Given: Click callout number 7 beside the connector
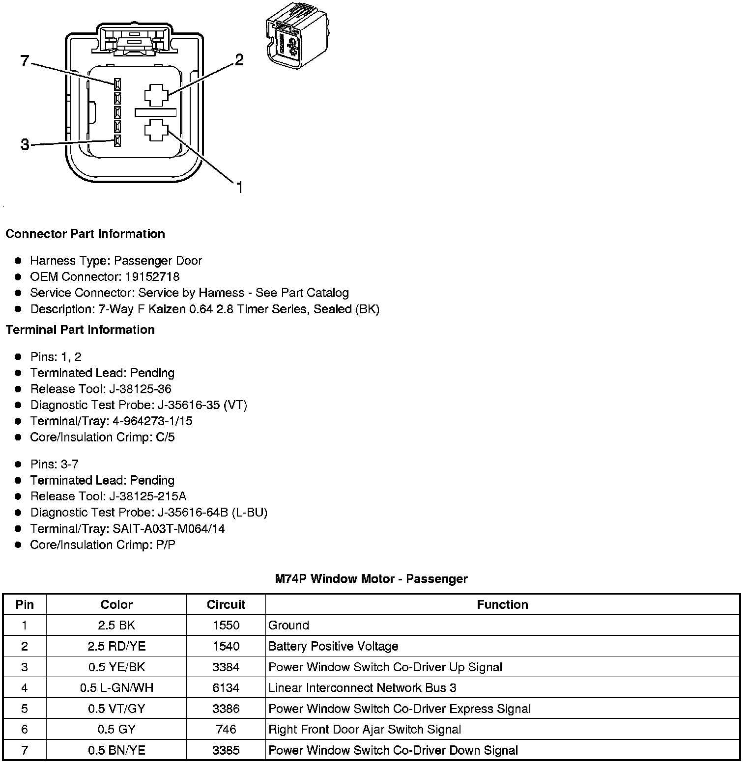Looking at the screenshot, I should (x=25, y=61).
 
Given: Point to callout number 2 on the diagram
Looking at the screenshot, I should (x=239, y=60).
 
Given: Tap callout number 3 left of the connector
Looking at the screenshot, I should (x=25, y=145).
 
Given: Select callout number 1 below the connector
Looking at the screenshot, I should (x=239, y=187).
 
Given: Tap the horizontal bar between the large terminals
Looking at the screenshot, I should (x=155, y=112).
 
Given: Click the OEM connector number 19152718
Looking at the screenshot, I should (x=152, y=276).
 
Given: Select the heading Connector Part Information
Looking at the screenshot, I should (x=85, y=234).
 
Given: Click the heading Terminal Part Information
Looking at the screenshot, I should (x=80, y=329).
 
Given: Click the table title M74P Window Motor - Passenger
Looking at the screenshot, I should (x=371, y=579).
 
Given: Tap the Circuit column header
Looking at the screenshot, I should (x=226, y=604).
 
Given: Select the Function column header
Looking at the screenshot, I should (x=502, y=604).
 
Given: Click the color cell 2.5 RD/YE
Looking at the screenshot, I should (x=116, y=646).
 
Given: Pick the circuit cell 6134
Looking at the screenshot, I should (x=226, y=688).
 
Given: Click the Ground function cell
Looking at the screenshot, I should (x=288, y=625).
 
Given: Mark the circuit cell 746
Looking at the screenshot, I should (x=226, y=729).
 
